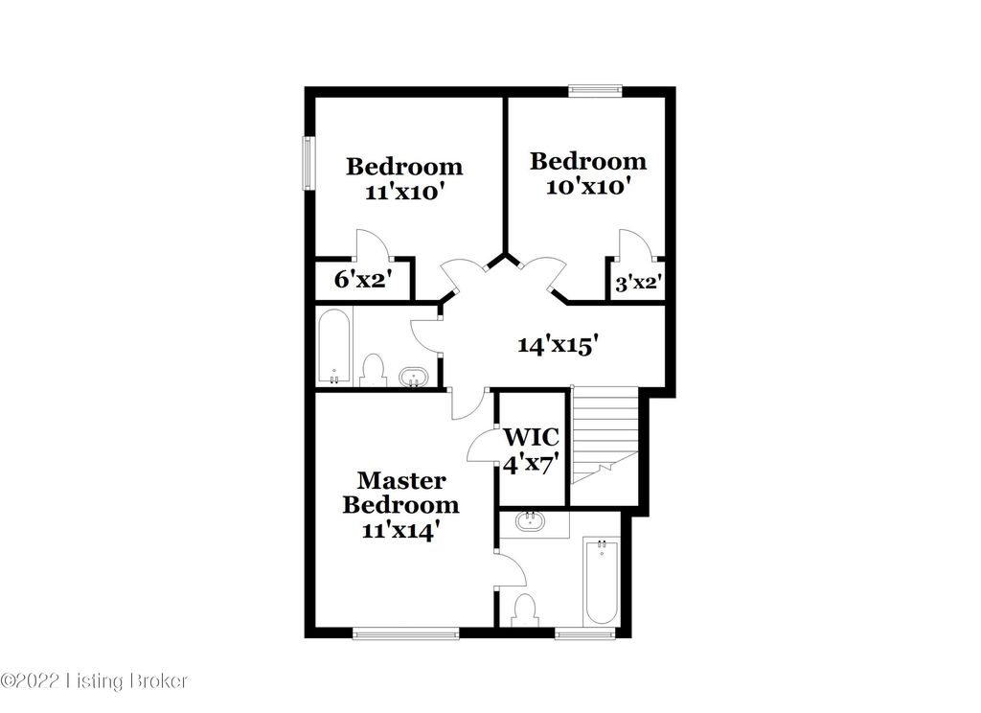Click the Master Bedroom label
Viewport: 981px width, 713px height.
400,492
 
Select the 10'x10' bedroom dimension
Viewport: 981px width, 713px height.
587,186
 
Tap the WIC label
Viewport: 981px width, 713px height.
531,438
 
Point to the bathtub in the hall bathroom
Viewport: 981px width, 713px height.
334,347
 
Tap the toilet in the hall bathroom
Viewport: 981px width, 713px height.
373,371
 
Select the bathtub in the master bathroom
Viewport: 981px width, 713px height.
602,583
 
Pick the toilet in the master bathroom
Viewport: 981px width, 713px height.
525,609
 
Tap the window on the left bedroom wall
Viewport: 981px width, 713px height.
309,164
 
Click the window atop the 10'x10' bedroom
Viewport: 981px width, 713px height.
595,91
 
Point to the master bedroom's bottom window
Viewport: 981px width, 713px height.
404,632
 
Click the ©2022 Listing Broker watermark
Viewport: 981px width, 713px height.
95,681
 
